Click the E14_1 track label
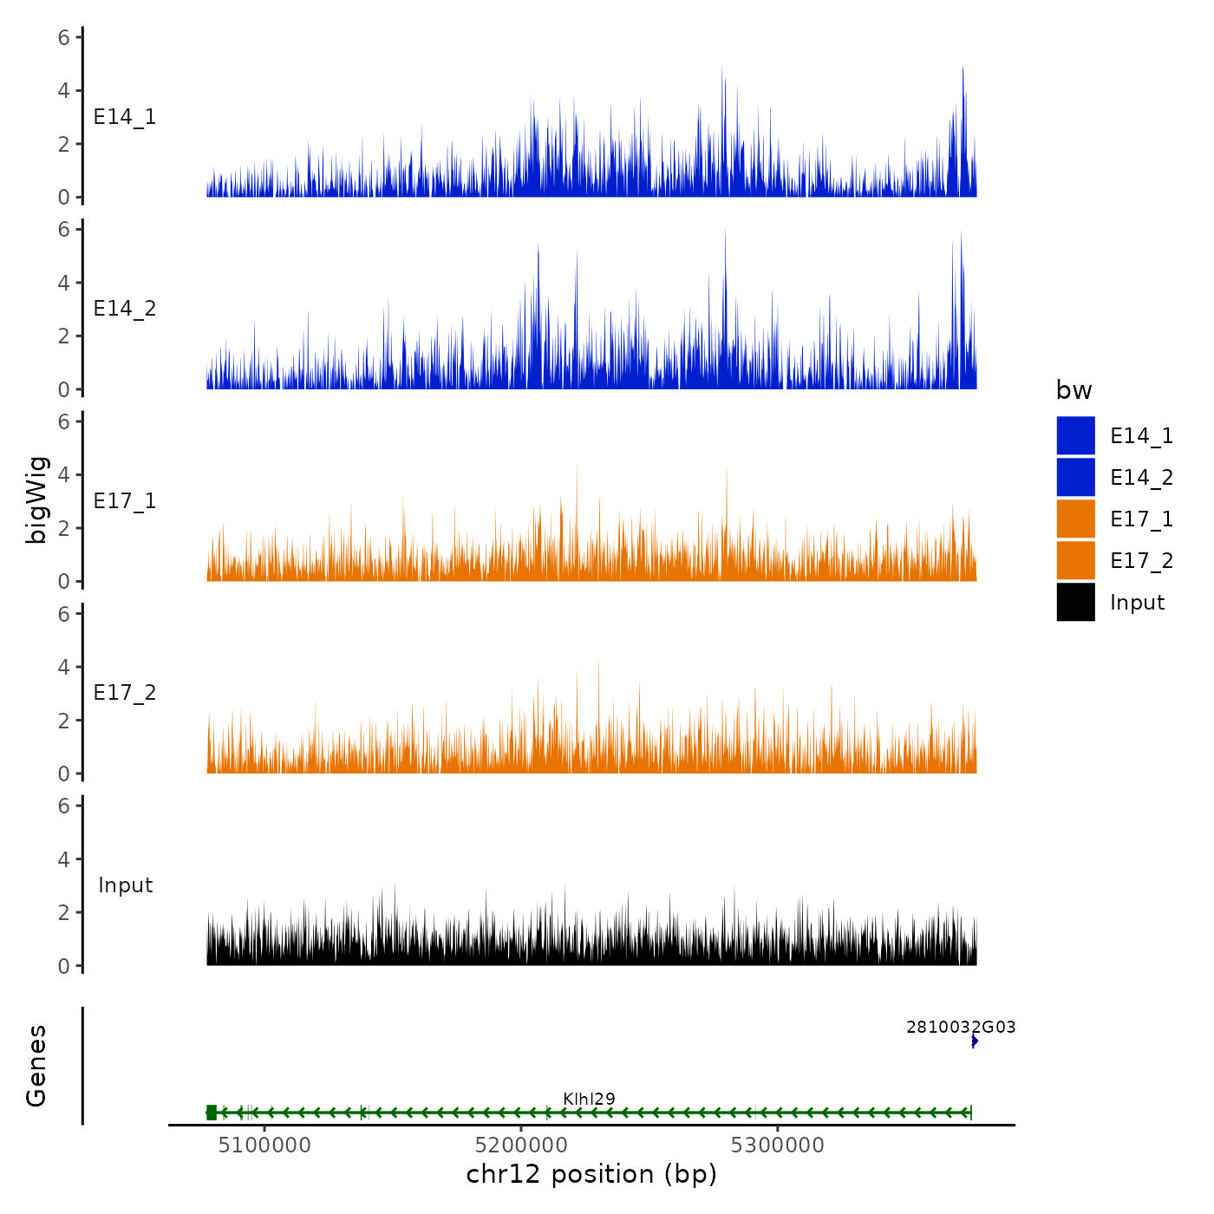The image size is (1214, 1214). (125, 117)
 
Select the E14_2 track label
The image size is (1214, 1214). (125, 309)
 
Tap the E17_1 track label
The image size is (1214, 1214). (125, 501)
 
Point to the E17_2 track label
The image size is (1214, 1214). (125, 693)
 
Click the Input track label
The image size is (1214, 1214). (125, 885)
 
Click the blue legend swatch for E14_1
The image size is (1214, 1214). (1075, 435)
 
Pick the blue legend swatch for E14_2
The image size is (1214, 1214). (1075, 477)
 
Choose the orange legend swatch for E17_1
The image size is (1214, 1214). (1075, 519)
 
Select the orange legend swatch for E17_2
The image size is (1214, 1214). (1075, 560)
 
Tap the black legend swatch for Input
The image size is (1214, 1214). (1075, 602)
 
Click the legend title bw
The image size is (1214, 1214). (1074, 391)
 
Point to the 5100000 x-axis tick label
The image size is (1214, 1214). (264, 1145)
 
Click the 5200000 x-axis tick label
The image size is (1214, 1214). (521, 1145)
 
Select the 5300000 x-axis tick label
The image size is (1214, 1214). (778, 1145)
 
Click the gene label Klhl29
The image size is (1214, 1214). (589, 1099)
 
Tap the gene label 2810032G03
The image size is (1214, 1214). (961, 1028)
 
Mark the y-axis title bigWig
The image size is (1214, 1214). (36, 500)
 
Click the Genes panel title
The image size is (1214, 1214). (36, 1066)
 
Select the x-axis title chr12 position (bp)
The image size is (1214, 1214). (591, 1175)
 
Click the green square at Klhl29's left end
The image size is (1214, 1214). (212, 1113)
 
